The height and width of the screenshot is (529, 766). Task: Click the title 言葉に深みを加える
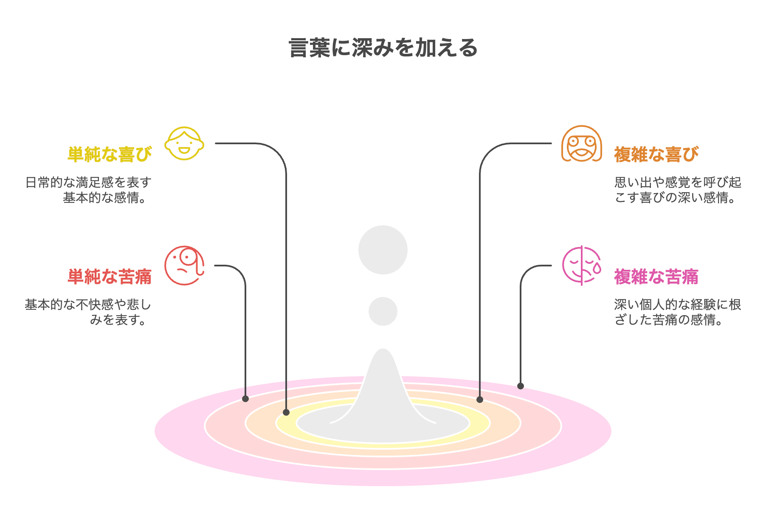tap(383, 48)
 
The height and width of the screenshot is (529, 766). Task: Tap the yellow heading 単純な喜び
tap(110, 154)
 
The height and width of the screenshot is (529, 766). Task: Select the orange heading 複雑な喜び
tap(656, 154)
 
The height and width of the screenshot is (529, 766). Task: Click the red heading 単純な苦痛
tap(110, 277)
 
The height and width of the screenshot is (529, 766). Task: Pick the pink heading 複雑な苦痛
tap(656, 277)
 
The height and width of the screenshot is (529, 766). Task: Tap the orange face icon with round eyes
tap(581, 144)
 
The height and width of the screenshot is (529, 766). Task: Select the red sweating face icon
tap(184, 266)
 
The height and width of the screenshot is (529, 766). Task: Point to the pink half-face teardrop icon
tap(581, 266)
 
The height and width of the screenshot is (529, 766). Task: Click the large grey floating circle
tap(383, 250)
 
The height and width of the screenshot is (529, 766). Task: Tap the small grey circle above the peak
tap(383, 311)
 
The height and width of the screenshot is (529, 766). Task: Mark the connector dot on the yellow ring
tap(286, 412)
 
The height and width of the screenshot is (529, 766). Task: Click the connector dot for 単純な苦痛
tap(245, 399)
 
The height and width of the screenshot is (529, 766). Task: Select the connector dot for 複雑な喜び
tap(480, 400)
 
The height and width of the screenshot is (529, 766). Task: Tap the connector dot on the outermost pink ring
tap(521, 386)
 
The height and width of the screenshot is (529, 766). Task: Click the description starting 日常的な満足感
tap(88, 190)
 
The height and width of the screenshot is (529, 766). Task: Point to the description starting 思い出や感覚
tap(678, 190)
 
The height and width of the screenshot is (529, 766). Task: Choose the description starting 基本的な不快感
tap(88, 312)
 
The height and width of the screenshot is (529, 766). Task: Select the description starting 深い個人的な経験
tap(678, 312)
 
